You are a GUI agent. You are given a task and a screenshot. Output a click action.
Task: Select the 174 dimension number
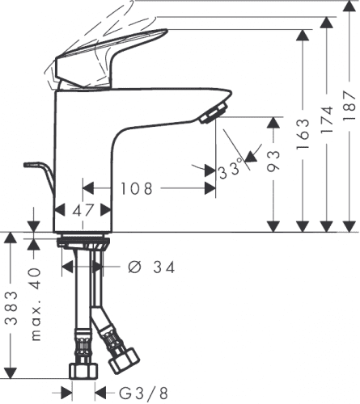pos(327,119)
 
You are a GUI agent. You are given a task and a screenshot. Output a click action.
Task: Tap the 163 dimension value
pos(303,133)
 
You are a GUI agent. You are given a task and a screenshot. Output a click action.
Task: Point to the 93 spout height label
pos(273,161)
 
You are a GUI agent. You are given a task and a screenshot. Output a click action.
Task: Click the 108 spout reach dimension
pos(137,188)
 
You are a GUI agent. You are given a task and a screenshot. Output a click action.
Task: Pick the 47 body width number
pos(83,210)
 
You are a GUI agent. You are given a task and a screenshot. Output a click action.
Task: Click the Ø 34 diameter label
pos(151,267)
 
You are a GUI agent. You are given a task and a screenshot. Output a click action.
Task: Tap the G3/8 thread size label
pos(143,393)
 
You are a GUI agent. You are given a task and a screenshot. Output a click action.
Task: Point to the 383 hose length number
pos(11,308)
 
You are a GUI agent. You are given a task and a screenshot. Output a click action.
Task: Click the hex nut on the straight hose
pos(83,371)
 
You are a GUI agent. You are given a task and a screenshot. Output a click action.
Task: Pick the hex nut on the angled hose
pos(124,360)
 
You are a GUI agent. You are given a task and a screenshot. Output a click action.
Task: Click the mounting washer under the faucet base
pos(83,242)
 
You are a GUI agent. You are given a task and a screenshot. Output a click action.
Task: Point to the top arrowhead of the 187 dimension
pos(349,5)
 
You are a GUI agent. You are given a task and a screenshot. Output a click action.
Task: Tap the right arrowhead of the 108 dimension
pos(210,188)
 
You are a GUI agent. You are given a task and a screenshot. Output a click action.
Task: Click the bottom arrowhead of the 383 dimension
pos(11,373)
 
